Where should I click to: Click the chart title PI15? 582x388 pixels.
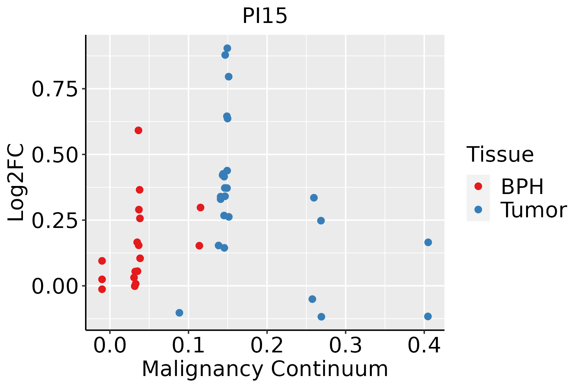[x=265, y=16]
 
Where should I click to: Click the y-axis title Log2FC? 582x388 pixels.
[x=16, y=183]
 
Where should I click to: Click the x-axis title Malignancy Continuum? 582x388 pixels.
[x=265, y=369]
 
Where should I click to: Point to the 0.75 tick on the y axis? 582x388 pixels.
[x=55, y=89]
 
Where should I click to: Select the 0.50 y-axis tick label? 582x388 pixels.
[x=55, y=155]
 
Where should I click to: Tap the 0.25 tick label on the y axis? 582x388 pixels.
[x=55, y=221]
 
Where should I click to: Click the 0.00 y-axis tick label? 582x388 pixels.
[x=55, y=286]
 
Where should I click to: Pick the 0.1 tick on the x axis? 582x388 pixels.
[x=189, y=346]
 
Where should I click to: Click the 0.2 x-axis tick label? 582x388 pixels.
[x=267, y=346]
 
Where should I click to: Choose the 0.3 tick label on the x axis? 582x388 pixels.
[x=346, y=346]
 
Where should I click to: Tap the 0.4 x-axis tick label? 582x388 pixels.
[x=424, y=346]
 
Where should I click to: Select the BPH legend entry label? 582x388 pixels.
[x=522, y=187]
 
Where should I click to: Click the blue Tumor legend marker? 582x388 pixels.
[x=478, y=210]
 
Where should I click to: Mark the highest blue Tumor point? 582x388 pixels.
[x=227, y=48]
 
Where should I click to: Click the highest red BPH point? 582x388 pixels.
[x=138, y=130]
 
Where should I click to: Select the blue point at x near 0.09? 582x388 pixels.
[x=179, y=313]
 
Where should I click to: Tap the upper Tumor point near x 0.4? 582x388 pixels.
[x=428, y=242]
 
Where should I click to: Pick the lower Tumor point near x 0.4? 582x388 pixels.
[x=428, y=316]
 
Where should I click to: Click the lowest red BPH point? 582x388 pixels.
[x=102, y=289]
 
